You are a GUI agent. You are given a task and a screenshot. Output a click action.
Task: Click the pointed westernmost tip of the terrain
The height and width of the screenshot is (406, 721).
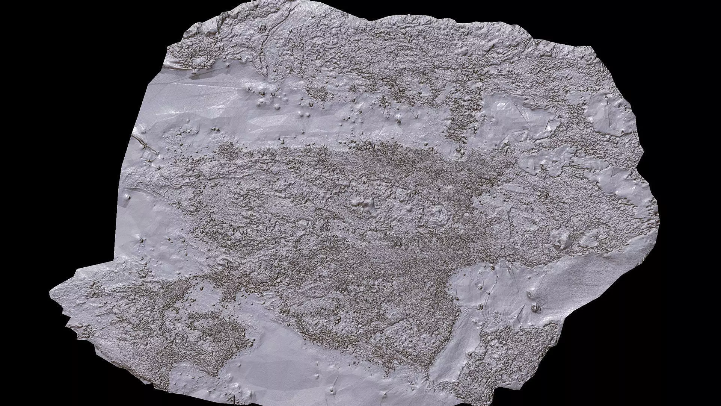(51, 292)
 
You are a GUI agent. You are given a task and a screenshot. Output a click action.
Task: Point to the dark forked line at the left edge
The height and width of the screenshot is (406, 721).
(145, 145)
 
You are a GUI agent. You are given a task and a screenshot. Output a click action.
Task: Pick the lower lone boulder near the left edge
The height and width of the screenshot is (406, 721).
(141, 240)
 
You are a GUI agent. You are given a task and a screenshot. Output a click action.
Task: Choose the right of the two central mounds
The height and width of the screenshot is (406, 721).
(439, 214)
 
